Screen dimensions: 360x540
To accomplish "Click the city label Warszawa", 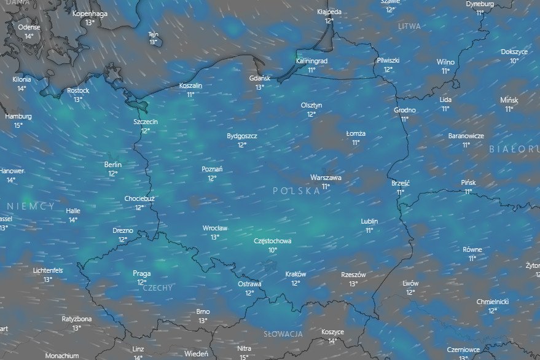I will (x=326, y=178).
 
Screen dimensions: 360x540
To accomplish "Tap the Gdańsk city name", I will (x=260, y=78).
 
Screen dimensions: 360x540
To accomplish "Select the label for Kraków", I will (x=295, y=275).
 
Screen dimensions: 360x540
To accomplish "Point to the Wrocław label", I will (x=215, y=228).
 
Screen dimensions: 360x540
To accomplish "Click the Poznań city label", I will (x=212, y=169).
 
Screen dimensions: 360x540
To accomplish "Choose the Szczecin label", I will (x=146, y=122).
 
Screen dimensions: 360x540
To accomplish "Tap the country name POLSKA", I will (x=297, y=191).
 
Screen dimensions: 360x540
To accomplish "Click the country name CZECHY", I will (x=158, y=288).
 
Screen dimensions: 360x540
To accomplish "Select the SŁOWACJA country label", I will (x=283, y=334).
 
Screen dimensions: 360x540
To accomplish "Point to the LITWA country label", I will (x=409, y=26).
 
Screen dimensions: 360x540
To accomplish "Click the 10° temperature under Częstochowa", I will (x=272, y=250).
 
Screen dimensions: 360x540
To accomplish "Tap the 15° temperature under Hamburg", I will (x=18, y=125).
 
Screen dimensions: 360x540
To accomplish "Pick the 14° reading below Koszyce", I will (x=332, y=341).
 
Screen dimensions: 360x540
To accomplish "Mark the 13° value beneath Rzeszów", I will (x=353, y=284).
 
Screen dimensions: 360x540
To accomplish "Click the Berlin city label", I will (x=113, y=165).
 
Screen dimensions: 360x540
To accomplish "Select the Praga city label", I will (x=142, y=273).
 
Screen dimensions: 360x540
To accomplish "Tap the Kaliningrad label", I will (x=311, y=61).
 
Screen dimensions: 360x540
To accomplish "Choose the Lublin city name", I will (x=369, y=221).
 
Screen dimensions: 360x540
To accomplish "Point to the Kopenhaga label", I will (x=90, y=14).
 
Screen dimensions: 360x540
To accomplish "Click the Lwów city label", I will (x=410, y=283).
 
